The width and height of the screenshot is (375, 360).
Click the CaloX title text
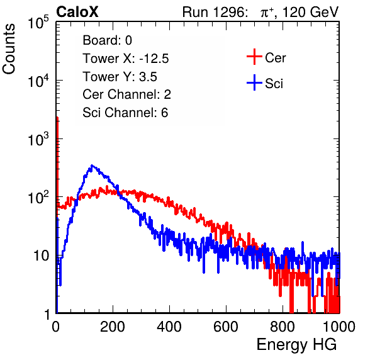tap(77, 12)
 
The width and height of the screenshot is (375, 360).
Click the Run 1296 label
tap(215, 12)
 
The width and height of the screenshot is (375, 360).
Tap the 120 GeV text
tap(310, 12)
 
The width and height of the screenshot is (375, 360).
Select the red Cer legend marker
tap(254, 57)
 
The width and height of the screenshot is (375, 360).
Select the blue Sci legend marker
tap(254, 83)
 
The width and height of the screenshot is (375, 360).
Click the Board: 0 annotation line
tap(107, 40)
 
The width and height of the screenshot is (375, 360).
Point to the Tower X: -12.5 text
tap(126, 59)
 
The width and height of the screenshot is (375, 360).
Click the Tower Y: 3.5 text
tap(120, 77)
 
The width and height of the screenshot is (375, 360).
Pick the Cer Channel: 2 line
tap(126, 94)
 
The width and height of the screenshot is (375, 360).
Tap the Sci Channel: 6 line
tap(125, 113)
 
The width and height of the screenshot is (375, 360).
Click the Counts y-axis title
tap(9, 49)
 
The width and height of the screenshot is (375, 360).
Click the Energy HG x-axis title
tap(296, 345)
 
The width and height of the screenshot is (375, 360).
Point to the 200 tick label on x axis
tap(113, 327)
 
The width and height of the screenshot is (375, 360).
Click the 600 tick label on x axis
tap(226, 327)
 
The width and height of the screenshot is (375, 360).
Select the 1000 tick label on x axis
tap(339, 327)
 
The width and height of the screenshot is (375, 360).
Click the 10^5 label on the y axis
tap(38, 23)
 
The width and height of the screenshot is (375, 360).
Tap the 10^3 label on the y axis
tap(38, 139)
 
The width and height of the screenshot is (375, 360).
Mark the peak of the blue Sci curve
tap(92, 166)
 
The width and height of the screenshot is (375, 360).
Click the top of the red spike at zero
tap(57, 118)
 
